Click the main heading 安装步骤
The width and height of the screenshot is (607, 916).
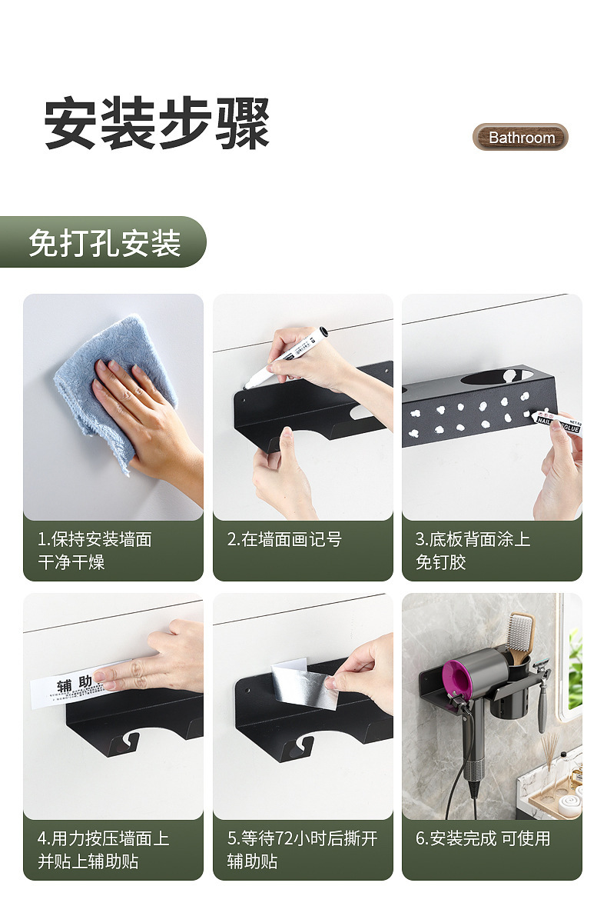pos(157,124)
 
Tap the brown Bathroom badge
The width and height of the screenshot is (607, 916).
pos(520,138)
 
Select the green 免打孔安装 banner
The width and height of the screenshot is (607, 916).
pos(103,242)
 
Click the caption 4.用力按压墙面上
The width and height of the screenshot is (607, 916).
pos(103,838)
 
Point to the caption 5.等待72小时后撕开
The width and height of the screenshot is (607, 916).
pos(302,838)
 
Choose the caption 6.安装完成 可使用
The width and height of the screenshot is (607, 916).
pos(483,838)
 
